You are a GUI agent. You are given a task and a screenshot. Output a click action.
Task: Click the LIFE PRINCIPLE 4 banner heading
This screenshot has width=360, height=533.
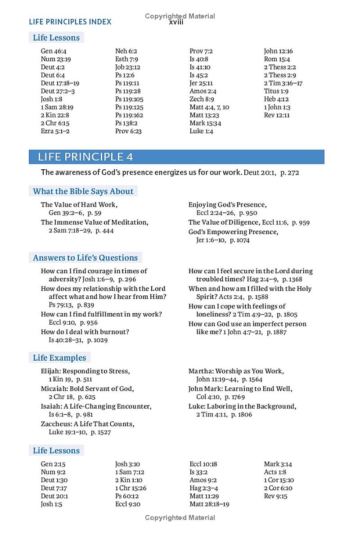(85, 157)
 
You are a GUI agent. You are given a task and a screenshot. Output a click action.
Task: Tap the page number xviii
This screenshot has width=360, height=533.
(176, 23)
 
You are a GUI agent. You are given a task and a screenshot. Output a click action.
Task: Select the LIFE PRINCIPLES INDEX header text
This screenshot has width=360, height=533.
(70, 22)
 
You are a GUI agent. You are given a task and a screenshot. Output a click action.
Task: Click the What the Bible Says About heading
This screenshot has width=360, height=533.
(83, 191)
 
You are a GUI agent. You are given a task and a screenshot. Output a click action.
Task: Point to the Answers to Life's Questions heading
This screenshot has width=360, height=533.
(85, 258)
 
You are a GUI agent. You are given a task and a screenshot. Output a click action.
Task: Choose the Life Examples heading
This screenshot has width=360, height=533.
(59, 358)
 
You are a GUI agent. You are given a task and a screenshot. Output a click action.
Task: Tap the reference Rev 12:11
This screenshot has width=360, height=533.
(277, 115)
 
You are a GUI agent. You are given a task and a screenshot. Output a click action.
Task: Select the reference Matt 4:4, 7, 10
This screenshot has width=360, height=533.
(209, 107)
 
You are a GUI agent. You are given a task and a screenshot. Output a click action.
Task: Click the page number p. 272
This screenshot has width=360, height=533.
(290, 172)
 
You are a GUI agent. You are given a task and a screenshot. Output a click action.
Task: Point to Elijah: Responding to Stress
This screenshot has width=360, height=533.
(85, 371)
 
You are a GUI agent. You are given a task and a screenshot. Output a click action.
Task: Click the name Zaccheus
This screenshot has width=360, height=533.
(55, 424)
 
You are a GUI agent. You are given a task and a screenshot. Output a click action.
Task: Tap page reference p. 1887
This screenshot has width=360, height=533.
(277, 332)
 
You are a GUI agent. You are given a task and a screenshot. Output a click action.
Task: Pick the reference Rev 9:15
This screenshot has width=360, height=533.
(275, 496)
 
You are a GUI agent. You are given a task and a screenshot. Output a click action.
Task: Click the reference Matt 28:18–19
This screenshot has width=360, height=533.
(209, 504)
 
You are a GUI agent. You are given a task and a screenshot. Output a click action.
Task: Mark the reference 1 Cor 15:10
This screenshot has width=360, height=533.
(279, 480)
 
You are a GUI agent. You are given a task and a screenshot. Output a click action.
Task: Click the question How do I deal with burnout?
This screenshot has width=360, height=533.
(85, 332)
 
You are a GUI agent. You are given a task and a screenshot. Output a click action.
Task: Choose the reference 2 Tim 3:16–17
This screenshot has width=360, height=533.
(283, 83)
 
